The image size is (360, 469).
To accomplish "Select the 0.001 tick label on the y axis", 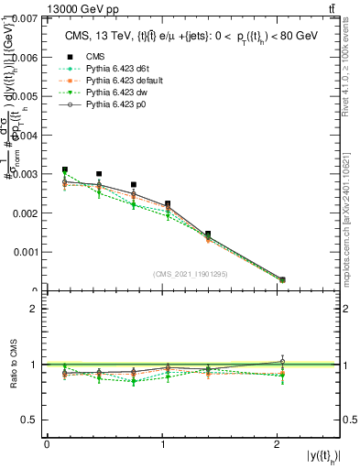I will coord(25,252).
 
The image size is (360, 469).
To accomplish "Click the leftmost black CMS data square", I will coord(65,169).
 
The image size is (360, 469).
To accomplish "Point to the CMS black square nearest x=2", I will coord(282,279).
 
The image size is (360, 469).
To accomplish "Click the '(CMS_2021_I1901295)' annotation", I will coord(191,274).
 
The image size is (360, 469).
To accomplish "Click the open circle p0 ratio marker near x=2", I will coord(282,361).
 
